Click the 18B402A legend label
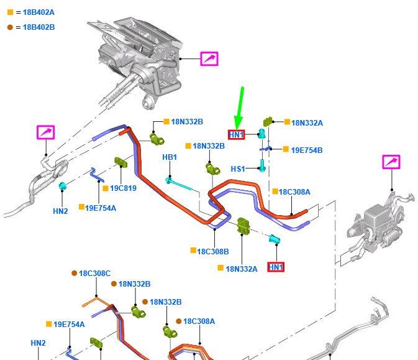[39, 12]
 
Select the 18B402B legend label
[39, 27]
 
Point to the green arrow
[239, 108]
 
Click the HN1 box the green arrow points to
[237, 135]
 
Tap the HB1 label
[170, 157]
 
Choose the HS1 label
[238, 169]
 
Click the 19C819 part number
[123, 188]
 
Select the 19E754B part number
[307, 150]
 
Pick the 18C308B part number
[213, 251]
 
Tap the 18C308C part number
[94, 274]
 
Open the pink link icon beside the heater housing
[209, 58]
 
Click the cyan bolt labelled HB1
[179, 184]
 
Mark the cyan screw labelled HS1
[262, 165]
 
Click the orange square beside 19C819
[106, 188]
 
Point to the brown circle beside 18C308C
[75, 273]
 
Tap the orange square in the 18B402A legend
[10, 12]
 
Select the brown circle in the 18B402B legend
[10, 27]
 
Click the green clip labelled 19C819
[120, 162]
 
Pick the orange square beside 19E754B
[286, 149]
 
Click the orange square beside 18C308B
[194, 251]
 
